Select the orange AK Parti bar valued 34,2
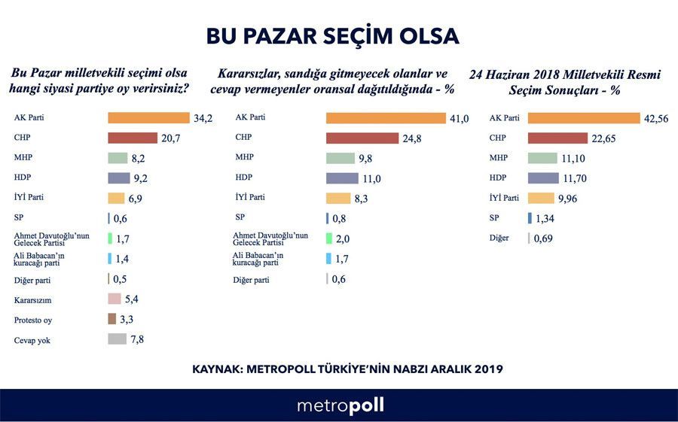coord(148,118)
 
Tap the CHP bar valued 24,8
coord(362,138)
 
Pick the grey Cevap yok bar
coord(117,339)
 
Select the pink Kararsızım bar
coord(115,299)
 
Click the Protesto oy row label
coord(33,320)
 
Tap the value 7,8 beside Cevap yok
coord(136,339)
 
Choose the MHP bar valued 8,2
coord(118,158)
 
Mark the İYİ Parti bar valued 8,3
coord(338,199)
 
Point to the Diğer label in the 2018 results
coord(499,238)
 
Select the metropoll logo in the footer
coord(340,405)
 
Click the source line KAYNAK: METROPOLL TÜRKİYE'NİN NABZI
coord(347,369)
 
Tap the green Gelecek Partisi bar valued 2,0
coord(329,238)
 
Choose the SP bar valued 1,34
coord(530,218)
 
